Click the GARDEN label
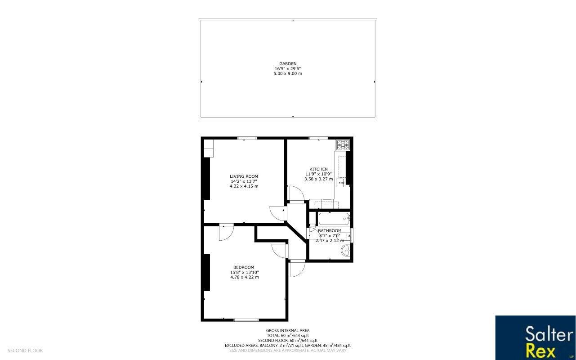[x=288, y=63]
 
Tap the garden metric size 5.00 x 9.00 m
[x=288, y=73]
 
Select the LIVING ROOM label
[x=244, y=176]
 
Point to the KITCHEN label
[x=318, y=169]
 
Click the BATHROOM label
[x=330, y=230]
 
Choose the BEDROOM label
[x=244, y=267]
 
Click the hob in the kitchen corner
[x=343, y=145]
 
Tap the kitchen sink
[x=340, y=183]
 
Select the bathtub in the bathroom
[x=334, y=219]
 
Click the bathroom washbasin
[x=346, y=251]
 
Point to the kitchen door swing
[x=295, y=193]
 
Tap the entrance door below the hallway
[x=297, y=269]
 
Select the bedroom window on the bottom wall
[x=246, y=320]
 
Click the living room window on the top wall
[x=247, y=138]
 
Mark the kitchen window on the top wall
[x=318, y=138]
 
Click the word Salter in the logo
[x=549, y=334]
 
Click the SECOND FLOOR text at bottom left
[x=25, y=351]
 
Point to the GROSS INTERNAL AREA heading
[x=288, y=330]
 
